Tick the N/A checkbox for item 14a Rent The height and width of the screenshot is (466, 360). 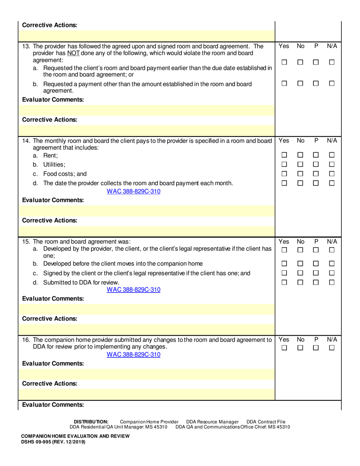pos(332,155)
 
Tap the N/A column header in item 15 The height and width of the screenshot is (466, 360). pos(332,241)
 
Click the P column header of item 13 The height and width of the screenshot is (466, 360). pos(316,46)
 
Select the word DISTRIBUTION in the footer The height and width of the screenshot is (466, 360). pos(91,422)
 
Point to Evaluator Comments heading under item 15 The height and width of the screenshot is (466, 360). pos(53,299)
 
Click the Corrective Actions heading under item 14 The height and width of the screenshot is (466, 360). pos(49,220)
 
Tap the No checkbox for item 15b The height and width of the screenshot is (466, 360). pos(300,264)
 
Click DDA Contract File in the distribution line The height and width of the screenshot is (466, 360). pos(266,422)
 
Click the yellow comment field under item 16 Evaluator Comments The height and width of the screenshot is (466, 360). pos(148,374)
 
